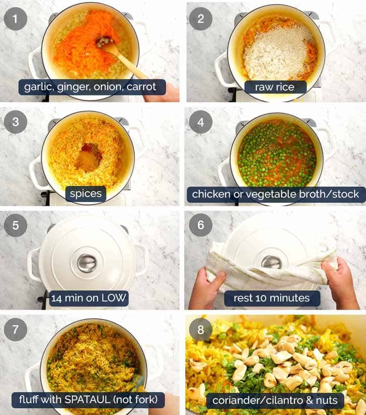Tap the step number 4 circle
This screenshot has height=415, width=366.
tap(200, 122)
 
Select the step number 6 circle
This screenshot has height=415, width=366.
tap(200, 225)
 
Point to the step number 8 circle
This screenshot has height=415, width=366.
tap(200, 329)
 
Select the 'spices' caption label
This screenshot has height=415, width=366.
tap(86, 194)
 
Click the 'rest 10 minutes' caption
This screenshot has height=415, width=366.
tap(272, 298)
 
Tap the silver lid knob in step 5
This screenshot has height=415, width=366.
tap(87, 263)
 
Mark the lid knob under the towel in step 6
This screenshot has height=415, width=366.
tap(271, 263)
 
